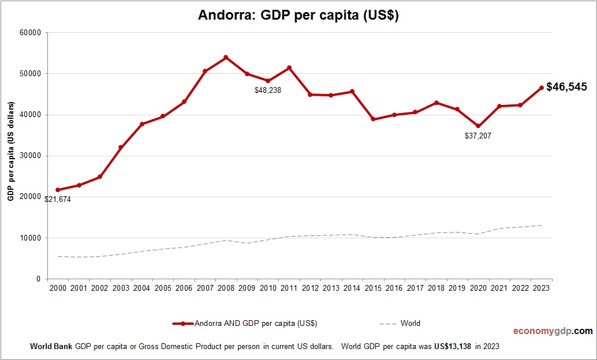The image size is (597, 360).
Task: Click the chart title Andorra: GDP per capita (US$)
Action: coord(298,16)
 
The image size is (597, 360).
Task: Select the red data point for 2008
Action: coord(226,57)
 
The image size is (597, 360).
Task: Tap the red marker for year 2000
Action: coord(58,190)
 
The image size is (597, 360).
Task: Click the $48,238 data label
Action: coord(268,91)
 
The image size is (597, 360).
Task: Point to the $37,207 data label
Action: coord(478,136)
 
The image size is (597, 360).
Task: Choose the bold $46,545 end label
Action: coord(566,87)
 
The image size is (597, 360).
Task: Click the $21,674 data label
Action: coord(58,199)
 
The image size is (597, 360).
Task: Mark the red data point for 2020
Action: coord(479,126)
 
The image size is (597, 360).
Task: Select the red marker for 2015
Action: coord(373,119)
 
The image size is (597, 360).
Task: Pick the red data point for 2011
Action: coord(289,68)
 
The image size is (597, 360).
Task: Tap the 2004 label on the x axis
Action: coord(141,288)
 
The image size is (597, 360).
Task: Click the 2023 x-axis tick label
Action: coord(542,288)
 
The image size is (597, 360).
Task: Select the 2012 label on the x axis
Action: coord(310,288)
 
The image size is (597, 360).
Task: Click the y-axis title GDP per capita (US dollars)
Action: coord(10,156)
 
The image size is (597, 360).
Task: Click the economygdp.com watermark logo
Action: coord(553,331)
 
